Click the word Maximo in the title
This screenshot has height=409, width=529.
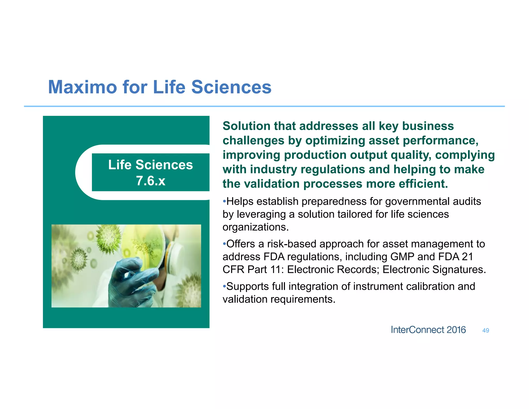pos(82,87)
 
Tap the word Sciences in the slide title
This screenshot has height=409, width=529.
pos(231,87)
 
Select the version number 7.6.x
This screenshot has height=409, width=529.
pos(151,181)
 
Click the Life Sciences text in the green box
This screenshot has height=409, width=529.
pos(150,165)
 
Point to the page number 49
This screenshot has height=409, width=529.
pos(486,330)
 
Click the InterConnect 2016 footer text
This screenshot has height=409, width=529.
pos(428,330)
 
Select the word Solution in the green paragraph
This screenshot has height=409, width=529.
pos(246,126)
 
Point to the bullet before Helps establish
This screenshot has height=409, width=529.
pos(224,201)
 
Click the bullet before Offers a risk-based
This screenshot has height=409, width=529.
pos(224,244)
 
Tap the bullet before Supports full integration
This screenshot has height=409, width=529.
pos(224,286)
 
